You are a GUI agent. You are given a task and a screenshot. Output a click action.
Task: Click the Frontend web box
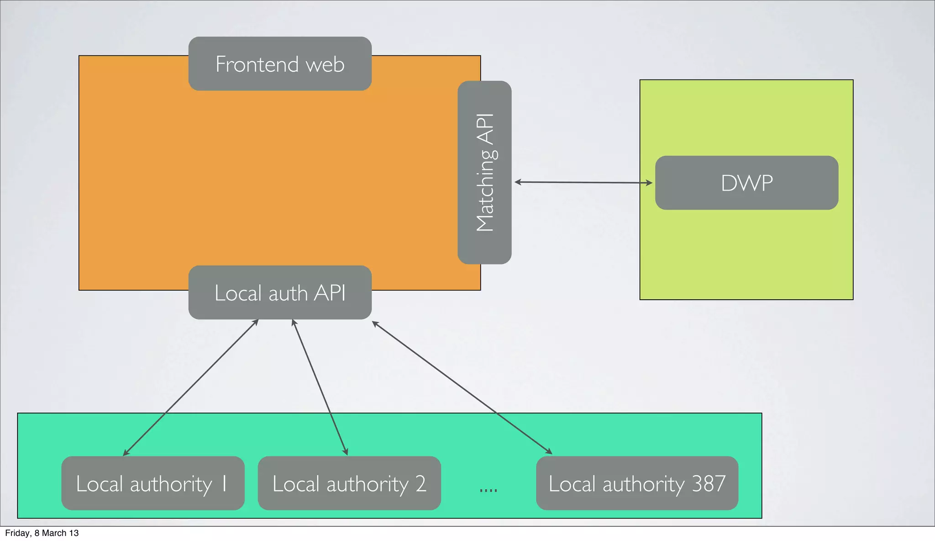pos(280,64)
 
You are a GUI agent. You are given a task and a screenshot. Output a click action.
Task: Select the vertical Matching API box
pos(484,172)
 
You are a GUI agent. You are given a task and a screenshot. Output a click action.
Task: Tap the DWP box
pos(746,183)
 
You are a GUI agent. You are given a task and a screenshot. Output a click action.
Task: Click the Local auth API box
pos(280,292)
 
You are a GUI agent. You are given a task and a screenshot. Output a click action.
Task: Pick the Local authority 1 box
pos(152,483)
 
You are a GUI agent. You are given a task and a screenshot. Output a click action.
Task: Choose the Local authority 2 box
pos(349,483)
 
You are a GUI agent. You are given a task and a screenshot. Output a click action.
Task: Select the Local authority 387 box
pos(637,483)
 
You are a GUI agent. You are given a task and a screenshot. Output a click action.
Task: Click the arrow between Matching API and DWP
pos(583,182)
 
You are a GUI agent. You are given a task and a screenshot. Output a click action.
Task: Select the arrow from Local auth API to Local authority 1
pos(191,387)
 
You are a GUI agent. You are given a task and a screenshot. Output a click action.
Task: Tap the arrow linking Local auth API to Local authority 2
pos(320,387)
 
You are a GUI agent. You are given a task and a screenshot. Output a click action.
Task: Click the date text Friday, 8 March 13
pos(42,533)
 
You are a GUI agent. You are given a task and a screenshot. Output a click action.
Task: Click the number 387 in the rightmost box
pos(708,483)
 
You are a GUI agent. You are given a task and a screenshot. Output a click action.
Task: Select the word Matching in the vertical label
pos(485,197)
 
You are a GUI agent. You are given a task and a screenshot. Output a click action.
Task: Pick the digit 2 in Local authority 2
pos(420,483)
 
